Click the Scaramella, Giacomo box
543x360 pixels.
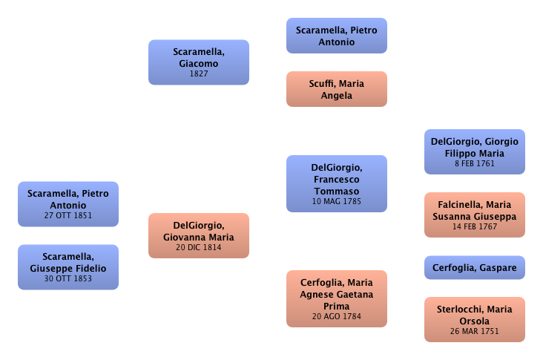click(199, 62)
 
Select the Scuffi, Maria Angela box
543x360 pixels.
click(336, 89)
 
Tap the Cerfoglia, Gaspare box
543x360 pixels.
click(475, 267)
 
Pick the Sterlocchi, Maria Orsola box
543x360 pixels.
click(475, 319)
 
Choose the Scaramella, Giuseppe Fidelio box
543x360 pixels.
click(68, 267)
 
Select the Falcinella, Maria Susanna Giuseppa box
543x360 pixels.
click(475, 215)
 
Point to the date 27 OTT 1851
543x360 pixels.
click(68, 216)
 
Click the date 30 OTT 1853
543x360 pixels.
click(68, 279)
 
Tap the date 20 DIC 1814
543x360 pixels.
click(199, 248)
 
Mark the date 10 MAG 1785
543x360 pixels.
click(336, 201)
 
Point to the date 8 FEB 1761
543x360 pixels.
click(475, 165)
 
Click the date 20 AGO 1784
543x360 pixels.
click(336, 316)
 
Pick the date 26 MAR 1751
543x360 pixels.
click(475, 331)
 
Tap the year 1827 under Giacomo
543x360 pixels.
click(199, 74)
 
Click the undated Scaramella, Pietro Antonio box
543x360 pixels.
click(336, 36)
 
